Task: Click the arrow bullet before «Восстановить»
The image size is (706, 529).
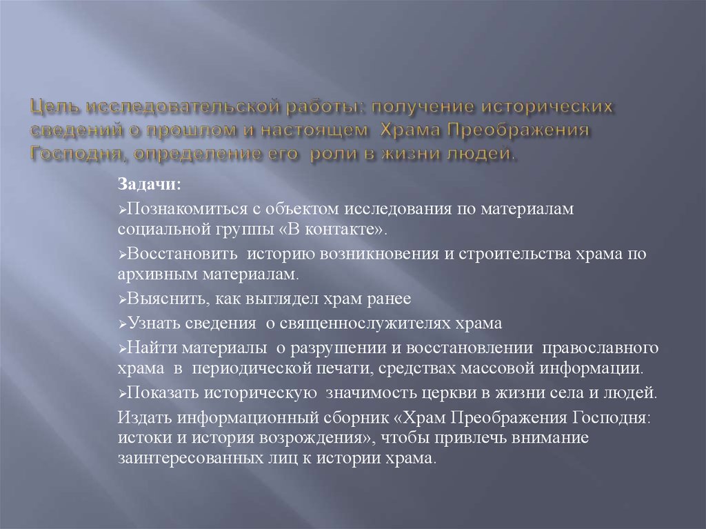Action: [x=121, y=254]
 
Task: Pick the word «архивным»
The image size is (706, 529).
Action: [x=154, y=274]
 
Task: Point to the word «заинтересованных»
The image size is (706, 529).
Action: [x=188, y=458]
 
